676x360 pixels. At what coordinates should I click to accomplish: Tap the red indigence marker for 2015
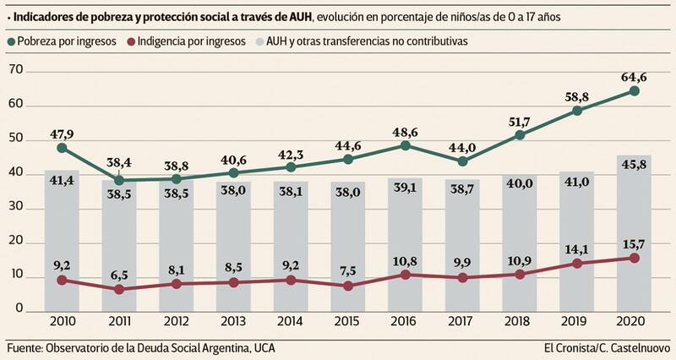(x=348, y=286)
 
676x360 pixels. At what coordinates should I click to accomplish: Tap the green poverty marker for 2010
(x=62, y=148)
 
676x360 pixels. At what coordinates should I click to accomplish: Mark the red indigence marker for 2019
(x=577, y=263)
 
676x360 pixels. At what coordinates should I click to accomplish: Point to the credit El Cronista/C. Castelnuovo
(x=608, y=348)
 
